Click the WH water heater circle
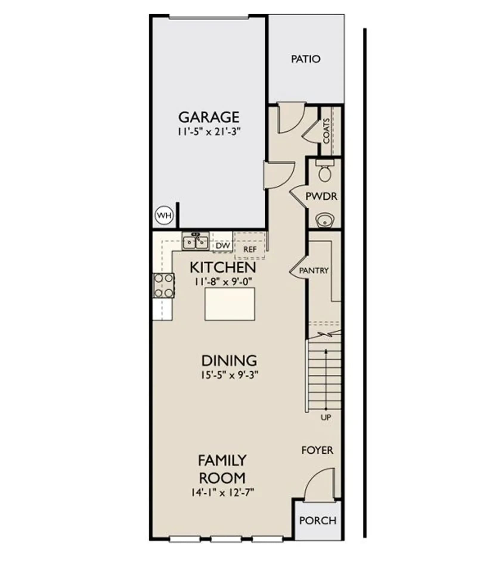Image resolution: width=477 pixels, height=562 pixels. [x=164, y=215]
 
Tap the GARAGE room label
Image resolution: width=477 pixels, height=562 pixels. [x=209, y=117]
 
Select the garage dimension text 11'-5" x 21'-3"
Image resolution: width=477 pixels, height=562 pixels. [x=209, y=132]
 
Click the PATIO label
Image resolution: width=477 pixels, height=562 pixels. [x=306, y=59]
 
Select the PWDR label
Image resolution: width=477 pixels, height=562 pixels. [x=321, y=196]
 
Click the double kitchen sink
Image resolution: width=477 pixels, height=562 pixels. [x=195, y=241]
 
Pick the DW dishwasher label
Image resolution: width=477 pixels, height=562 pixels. [x=223, y=246]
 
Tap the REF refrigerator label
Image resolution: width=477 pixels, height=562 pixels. [x=250, y=249]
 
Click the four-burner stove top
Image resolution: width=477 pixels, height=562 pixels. [x=163, y=286]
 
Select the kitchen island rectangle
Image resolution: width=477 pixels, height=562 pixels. [x=230, y=304]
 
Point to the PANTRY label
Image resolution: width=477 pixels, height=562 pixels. [x=314, y=270]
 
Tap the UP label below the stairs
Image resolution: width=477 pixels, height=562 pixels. [x=326, y=417]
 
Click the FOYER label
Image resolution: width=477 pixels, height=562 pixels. [x=317, y=450]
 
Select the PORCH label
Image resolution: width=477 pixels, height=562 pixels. [x=318, y=521]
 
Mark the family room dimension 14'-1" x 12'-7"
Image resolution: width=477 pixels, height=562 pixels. [x=222, y=492]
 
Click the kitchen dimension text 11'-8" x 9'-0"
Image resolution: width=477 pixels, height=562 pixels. [x=223, y=281]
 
